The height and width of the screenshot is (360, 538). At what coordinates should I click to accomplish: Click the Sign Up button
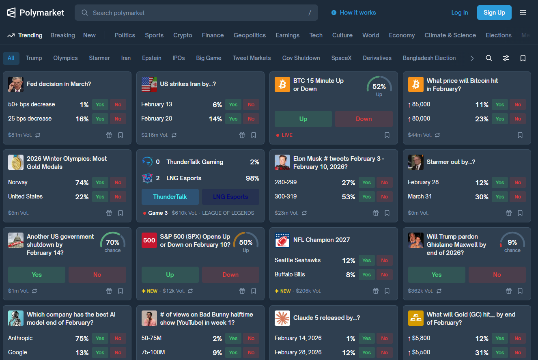[x=494, y=13]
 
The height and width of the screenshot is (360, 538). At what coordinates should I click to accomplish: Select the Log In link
[x=459, y=13]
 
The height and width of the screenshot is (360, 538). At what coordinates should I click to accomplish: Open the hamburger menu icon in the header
[x=523, y=13]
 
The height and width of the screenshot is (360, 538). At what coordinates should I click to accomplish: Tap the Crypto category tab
[x=183, y=35]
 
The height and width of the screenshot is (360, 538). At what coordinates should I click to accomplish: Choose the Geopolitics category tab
[x=250, y=35]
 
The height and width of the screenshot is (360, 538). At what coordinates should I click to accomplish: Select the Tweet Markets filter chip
[x=252, y=58]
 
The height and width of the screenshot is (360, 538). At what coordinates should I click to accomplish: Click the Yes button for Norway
[x=100, y=183]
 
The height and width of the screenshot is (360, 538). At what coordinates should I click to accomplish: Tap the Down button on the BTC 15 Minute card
[x=364, y=119]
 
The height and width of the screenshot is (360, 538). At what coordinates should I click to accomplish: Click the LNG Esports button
[x=230, y=197]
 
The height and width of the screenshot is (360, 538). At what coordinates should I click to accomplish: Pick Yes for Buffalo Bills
[x=366, y=275]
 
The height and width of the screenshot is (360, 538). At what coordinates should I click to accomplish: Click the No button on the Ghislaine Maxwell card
[x=497, y=275]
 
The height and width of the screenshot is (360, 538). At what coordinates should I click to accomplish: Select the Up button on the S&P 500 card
[x=170, y=275]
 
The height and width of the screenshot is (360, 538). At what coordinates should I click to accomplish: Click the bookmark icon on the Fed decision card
[x=121, y=135]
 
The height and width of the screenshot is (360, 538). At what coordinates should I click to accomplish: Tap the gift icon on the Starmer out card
[x=509, y=213]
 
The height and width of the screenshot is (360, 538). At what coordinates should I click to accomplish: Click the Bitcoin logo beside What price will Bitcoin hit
[x=415, y=84]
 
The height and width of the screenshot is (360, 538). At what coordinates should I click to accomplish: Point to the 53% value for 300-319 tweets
[x=349, y=197]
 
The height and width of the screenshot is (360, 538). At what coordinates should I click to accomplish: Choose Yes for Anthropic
[x=100, y=338]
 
